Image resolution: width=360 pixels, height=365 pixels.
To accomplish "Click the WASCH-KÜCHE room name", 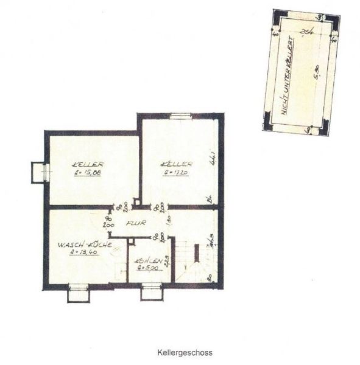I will click(83, 245).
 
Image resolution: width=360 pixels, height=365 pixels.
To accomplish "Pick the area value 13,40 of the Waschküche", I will click(83, 252).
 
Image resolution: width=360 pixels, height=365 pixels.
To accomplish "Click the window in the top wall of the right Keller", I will click(180, 115).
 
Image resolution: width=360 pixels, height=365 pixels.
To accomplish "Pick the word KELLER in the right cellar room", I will click(177, 164).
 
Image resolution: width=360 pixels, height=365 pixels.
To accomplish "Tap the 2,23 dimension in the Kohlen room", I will click(165, 260).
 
